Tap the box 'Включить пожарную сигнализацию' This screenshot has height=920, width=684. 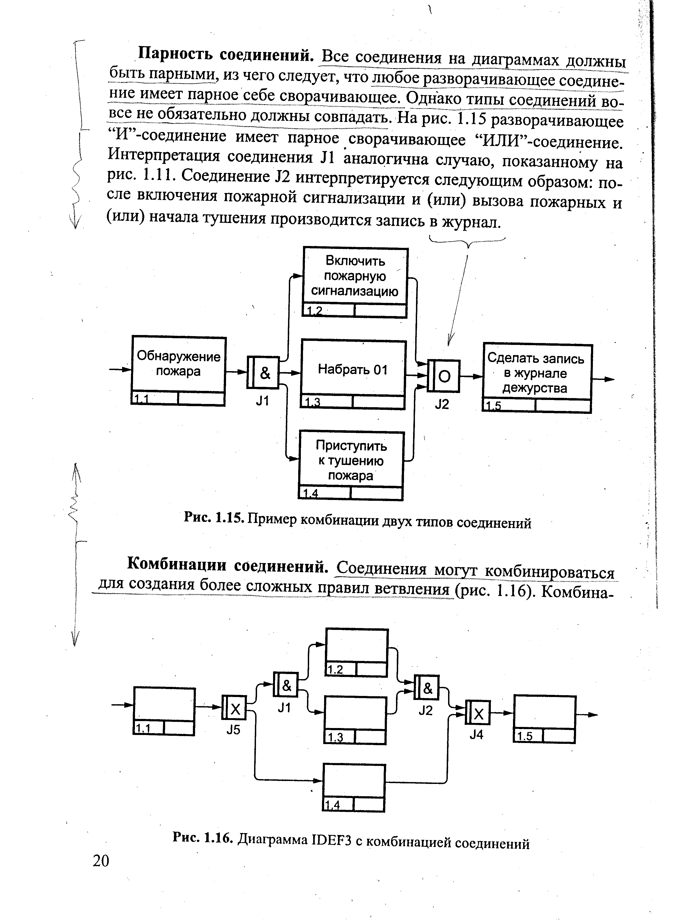click(x=355, y=276)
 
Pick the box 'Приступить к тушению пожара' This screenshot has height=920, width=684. click(x=351, y=460)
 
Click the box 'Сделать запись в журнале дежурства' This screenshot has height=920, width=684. click(x=537, y=373)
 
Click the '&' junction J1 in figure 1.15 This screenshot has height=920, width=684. click(x=264, y=372)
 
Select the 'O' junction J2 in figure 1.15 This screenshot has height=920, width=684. click(x=444, y=376)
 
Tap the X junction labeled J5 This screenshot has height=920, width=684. click(x=234, y=710)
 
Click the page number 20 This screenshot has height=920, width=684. click(x=101, y=861)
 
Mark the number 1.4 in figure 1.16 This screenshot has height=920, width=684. click(x=332, y=805)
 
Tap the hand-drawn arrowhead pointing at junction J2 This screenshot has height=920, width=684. click(x=450, y=341)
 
